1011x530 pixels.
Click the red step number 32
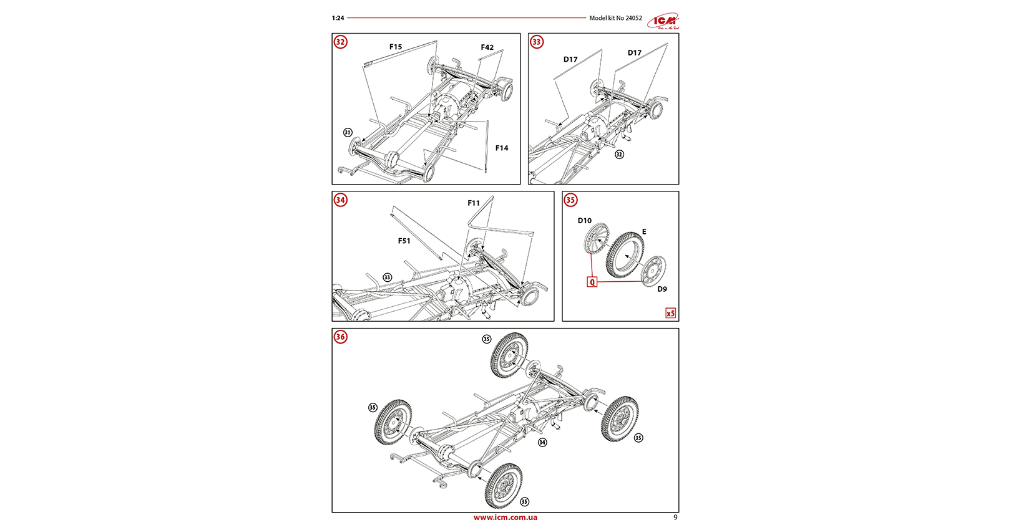(340, 42)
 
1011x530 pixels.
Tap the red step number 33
(537, 42)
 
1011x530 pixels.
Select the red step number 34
(340, 200)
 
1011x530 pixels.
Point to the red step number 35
(570, 200)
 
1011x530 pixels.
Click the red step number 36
(340, 337)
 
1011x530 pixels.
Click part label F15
(396, 47)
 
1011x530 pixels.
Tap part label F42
(487, 47)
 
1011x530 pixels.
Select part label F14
(502, 148)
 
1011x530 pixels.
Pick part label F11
(474, 203)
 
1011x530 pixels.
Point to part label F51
(404, 241)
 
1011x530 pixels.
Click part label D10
(584, 221)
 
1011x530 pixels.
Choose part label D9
(662, 289)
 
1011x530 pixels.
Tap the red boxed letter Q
(592, 282)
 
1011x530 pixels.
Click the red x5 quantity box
(670, 313)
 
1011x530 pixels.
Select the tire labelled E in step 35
(625, 256)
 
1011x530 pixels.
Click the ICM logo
(663, 21)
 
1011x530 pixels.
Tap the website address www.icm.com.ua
(505, 518)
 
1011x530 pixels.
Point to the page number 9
(675, 518)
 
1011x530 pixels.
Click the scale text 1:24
(338, 18)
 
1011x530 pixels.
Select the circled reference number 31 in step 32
(348, 133)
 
